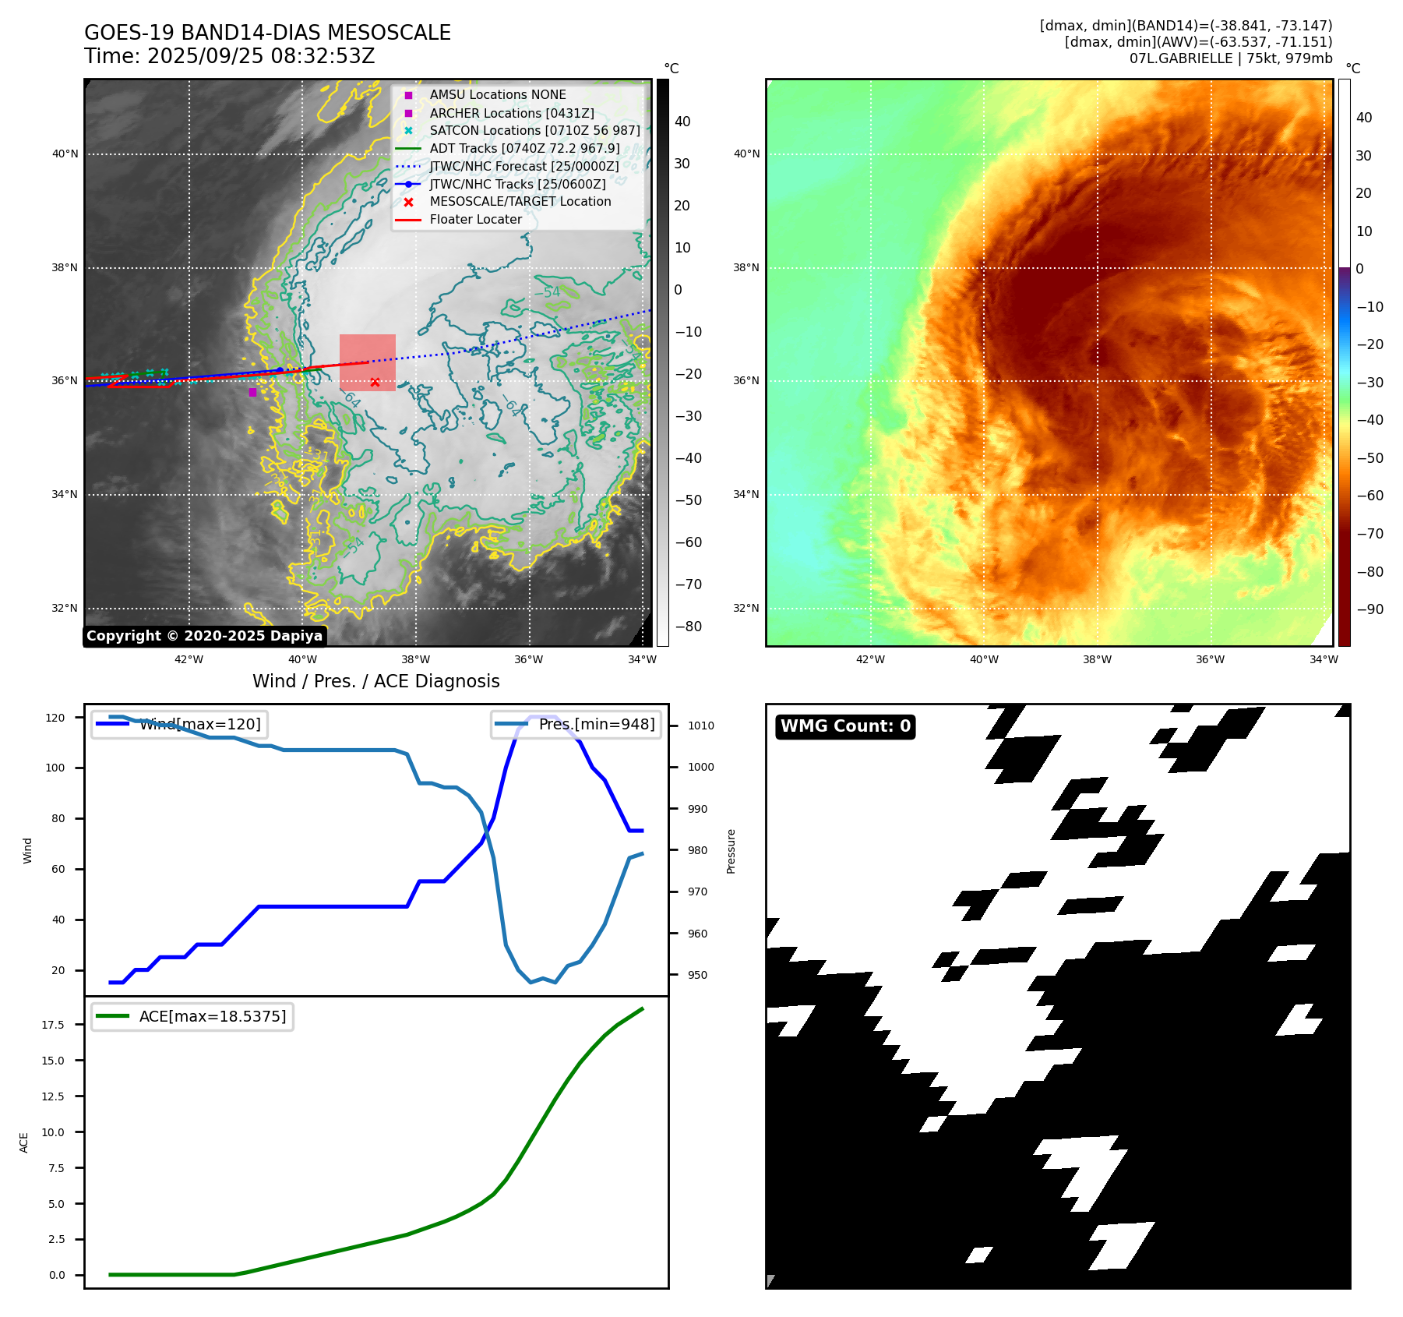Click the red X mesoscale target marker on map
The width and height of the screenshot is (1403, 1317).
(375, 382)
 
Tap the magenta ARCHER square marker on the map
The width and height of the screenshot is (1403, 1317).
(252, 392)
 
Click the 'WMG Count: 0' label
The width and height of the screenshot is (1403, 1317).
(845, 726)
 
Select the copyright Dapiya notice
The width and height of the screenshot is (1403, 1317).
(204, 636)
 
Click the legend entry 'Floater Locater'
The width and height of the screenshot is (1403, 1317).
(475, 220)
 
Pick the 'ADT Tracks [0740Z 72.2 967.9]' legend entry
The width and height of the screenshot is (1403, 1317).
(524, 148)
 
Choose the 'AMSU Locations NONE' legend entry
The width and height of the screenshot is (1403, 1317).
(498, 94)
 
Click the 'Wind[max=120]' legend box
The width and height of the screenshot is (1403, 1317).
(178, 724)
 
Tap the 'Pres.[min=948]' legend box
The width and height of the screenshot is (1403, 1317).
(576, 724)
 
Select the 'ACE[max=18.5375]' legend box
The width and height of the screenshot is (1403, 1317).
(192, 1016)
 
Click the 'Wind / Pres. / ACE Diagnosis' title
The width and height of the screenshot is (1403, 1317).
(375, 681)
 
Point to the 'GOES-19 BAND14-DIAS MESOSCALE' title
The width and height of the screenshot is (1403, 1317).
(267, 33)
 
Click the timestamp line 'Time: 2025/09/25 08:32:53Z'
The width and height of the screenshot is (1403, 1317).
(229, 56)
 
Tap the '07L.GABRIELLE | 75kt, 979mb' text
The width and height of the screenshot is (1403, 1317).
(1230, 58)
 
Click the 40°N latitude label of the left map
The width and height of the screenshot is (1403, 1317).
(65, 154)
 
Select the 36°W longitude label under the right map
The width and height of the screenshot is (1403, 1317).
(1210, 659)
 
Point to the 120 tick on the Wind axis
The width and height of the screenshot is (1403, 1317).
(55, 717)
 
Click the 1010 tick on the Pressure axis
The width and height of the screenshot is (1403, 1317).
(700, 726)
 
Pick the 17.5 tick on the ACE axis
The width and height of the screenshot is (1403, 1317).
(53, 1025)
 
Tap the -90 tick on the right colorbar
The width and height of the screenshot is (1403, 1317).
(1370, 609)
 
